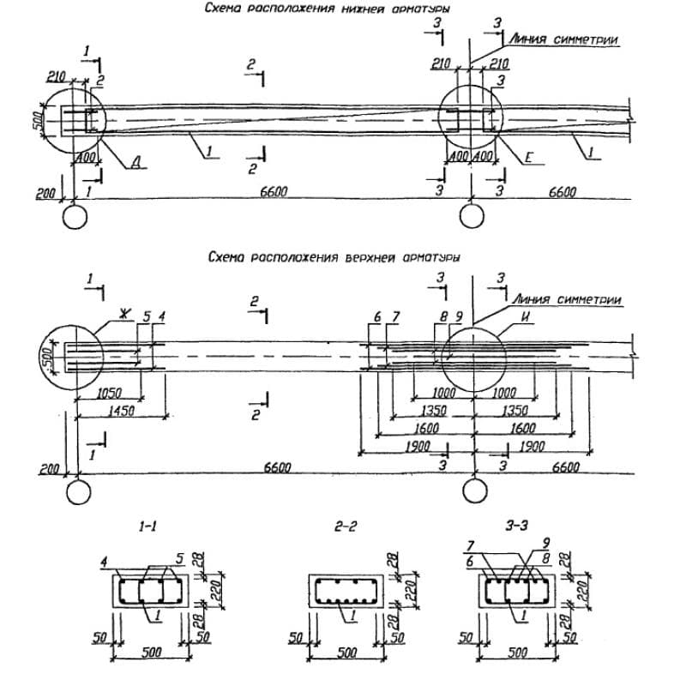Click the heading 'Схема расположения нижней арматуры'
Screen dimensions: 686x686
pos(328,9)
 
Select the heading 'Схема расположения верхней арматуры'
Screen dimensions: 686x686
pos(334,256)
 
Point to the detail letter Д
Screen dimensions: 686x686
pos(135,165)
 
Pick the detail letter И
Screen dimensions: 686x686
pos(523,318)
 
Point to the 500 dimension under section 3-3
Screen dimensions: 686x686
pos(519,653)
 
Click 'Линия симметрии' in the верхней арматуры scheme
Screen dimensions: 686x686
pos(565,299)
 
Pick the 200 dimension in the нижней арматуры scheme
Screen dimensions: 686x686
pos(45,194)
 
